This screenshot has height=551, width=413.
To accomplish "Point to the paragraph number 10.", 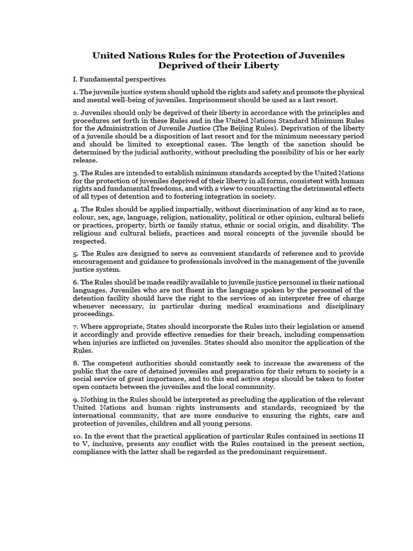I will pyautogui.click(x=77, y=436).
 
